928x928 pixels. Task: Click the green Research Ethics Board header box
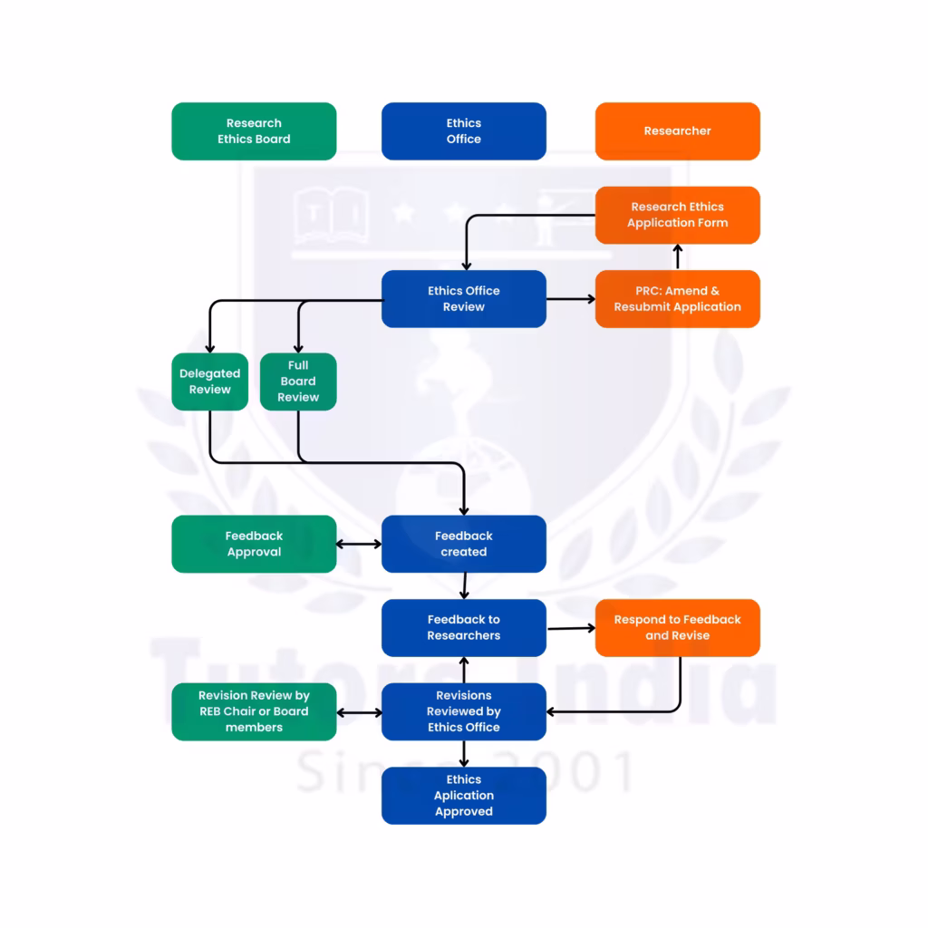[x=254, y=131]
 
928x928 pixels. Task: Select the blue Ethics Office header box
[x=463, y=131]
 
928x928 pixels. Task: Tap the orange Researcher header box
[x=677, y=131]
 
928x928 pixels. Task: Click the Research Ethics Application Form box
[x=677, y=215]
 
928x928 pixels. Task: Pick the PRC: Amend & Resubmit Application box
[x=677, y=299]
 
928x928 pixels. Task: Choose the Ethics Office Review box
[x=463, y=299]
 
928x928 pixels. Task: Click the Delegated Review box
[x=209, y=382]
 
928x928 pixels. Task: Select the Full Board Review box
[x=298, y=382]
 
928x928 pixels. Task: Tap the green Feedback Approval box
[x=254, y=544]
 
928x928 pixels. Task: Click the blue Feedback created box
[x=463, y=544]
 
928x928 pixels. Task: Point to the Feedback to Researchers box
[x=463, y=627]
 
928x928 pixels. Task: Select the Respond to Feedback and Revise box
[x=677, y=627]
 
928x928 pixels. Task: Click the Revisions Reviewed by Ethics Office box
[x=463, y=711]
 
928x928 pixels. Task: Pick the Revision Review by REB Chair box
[x=254, y=711]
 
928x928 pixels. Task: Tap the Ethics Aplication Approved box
[x=463, y=796]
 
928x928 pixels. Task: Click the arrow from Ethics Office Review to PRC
[x=570, y=298]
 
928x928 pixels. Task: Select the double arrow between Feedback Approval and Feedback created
[x=359, y=545]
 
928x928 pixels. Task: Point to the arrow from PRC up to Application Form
[x=677, y=257]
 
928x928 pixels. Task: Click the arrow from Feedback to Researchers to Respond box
[x=570, y=627]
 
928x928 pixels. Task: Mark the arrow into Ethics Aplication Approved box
[x=464, y=754]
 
